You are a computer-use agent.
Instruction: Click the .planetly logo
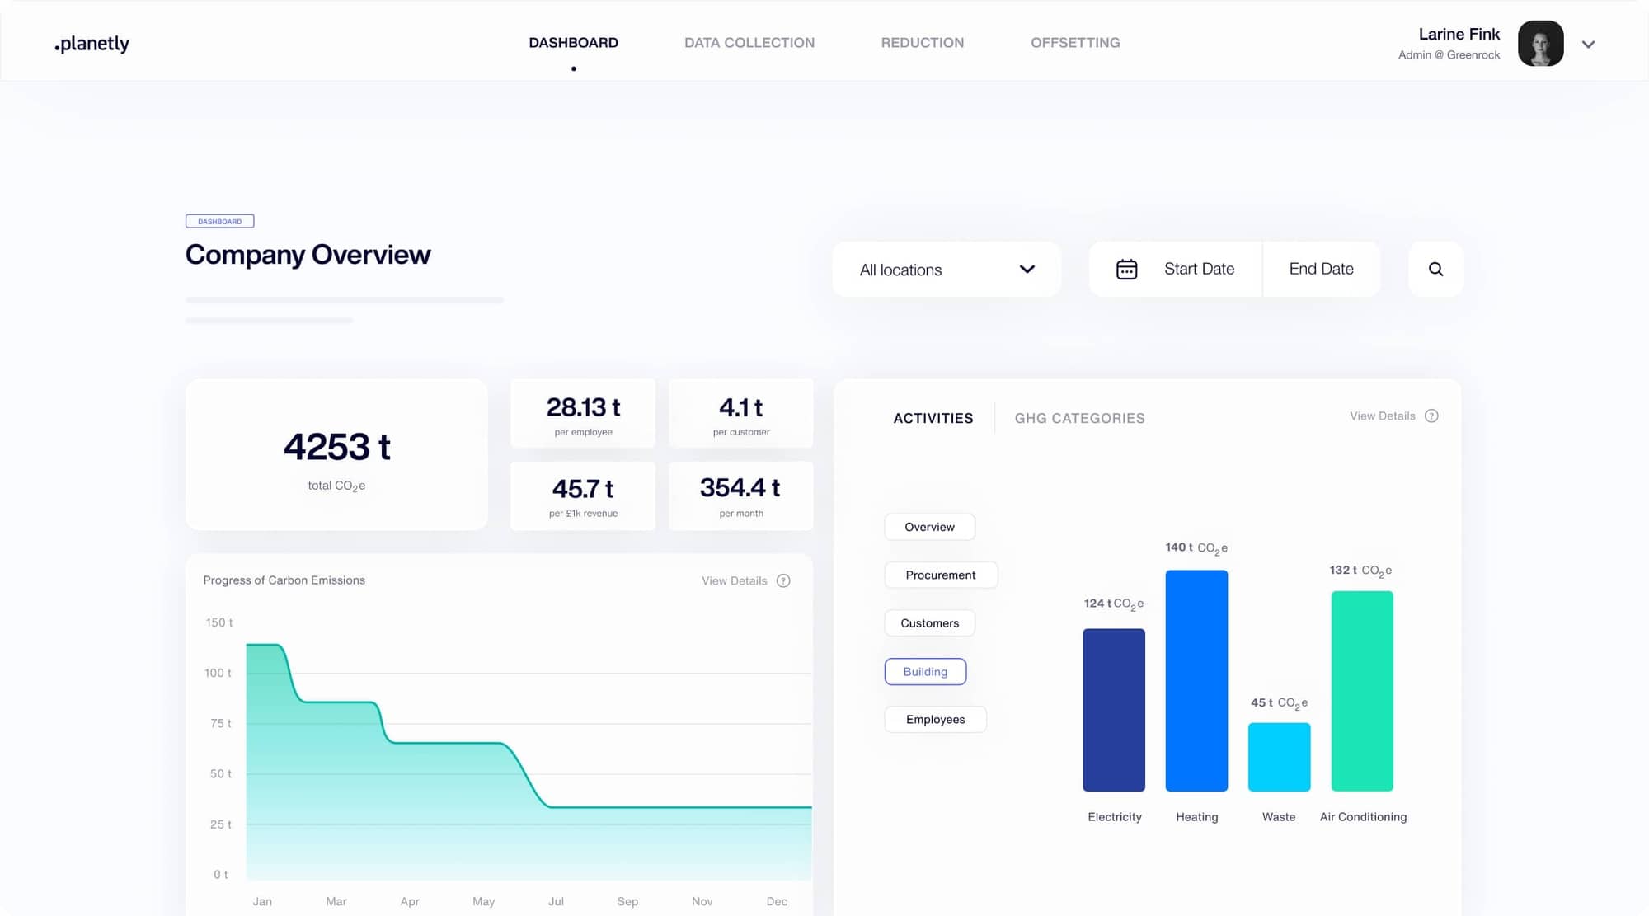tap(92, 44)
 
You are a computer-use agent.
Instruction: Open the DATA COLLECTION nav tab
tap(749, 43)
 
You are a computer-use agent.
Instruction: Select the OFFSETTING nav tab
tap(1075, 43)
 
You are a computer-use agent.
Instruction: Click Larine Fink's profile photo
tap(1540, 44)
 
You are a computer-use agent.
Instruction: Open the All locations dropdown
tap(946, 270)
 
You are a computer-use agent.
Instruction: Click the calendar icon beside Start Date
tap(1126, 270)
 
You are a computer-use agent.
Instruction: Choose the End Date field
tap(1321, 269)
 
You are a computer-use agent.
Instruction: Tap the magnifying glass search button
tap(1435, 270)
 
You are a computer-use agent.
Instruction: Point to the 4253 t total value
tap(336, 447)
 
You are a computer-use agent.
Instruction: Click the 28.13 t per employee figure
tap(583, 408)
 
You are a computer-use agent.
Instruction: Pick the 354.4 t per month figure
tap(740, 488)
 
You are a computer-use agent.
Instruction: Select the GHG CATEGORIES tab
tap(1079, 418)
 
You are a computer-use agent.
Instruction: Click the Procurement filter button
tap(940, 575)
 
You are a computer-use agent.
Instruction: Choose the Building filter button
tap(925, 672)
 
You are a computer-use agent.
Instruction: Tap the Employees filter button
tap(935, 720)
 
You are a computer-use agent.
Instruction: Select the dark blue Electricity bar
tap(1114, 710)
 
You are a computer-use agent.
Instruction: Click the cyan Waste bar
tap(1279, 757)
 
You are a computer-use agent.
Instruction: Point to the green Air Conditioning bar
tap(1362, 691)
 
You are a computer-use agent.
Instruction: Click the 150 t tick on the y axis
tap(219, 622)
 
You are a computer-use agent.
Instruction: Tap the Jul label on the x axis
tap(556, 901)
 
